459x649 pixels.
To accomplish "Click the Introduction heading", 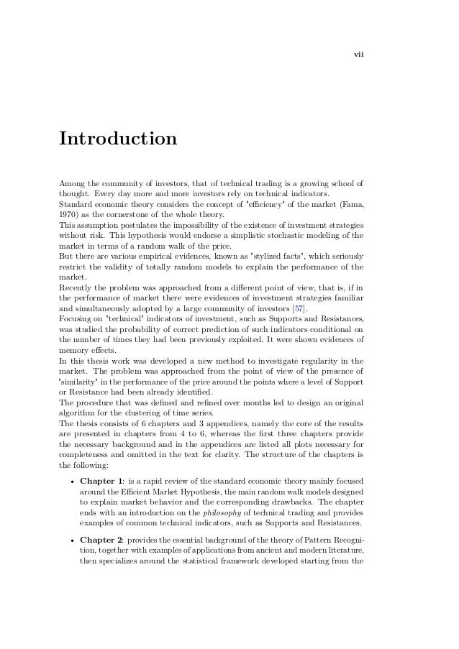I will [x=118, y=137].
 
